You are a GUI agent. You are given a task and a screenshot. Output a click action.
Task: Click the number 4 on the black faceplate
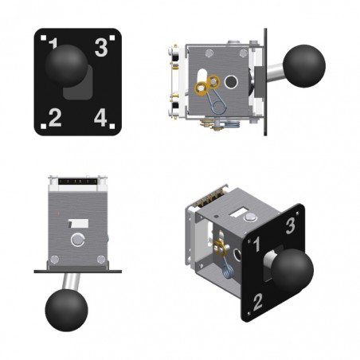tap(100, 117)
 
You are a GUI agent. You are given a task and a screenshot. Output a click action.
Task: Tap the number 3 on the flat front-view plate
tap(101, 48)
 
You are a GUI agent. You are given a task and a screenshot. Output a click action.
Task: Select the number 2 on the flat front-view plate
tap(55, 118)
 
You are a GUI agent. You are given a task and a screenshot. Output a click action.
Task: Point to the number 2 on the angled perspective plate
tap(257, 302)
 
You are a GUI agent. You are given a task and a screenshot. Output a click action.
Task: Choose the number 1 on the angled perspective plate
tap(256, 245)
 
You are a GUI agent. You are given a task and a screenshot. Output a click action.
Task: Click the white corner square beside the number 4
tap(112, 126)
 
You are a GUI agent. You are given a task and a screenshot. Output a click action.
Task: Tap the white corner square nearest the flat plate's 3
tap(112, 38)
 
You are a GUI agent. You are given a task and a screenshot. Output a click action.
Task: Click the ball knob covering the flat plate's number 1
tap(66, 66)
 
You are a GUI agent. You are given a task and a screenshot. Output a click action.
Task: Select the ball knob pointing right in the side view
tap(304, 66)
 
